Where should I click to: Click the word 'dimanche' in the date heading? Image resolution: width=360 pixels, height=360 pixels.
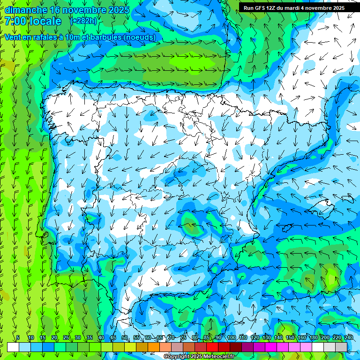(x=25, y=10)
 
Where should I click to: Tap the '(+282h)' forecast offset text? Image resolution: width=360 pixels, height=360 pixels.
(x=83, y=21)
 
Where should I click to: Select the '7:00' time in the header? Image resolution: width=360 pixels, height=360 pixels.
(x=15, y=21)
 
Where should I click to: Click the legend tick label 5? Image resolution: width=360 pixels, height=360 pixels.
(x=18, y=337)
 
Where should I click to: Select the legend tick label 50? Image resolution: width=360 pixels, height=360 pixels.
(x=125, y=337)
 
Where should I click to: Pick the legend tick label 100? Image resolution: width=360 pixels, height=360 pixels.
(x=232, y=337)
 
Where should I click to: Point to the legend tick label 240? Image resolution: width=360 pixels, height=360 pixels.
(x=349, y=337)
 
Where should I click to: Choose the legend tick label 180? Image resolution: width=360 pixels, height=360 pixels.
(x=313, y=337)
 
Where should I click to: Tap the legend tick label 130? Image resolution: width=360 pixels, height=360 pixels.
(x=267, y=337)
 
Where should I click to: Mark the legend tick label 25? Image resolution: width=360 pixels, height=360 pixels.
(x=66, y=337)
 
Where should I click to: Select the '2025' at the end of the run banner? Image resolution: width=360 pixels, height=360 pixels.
(x=337, y=8)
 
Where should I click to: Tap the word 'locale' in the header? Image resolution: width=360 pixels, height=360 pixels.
(x=45, y=21)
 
